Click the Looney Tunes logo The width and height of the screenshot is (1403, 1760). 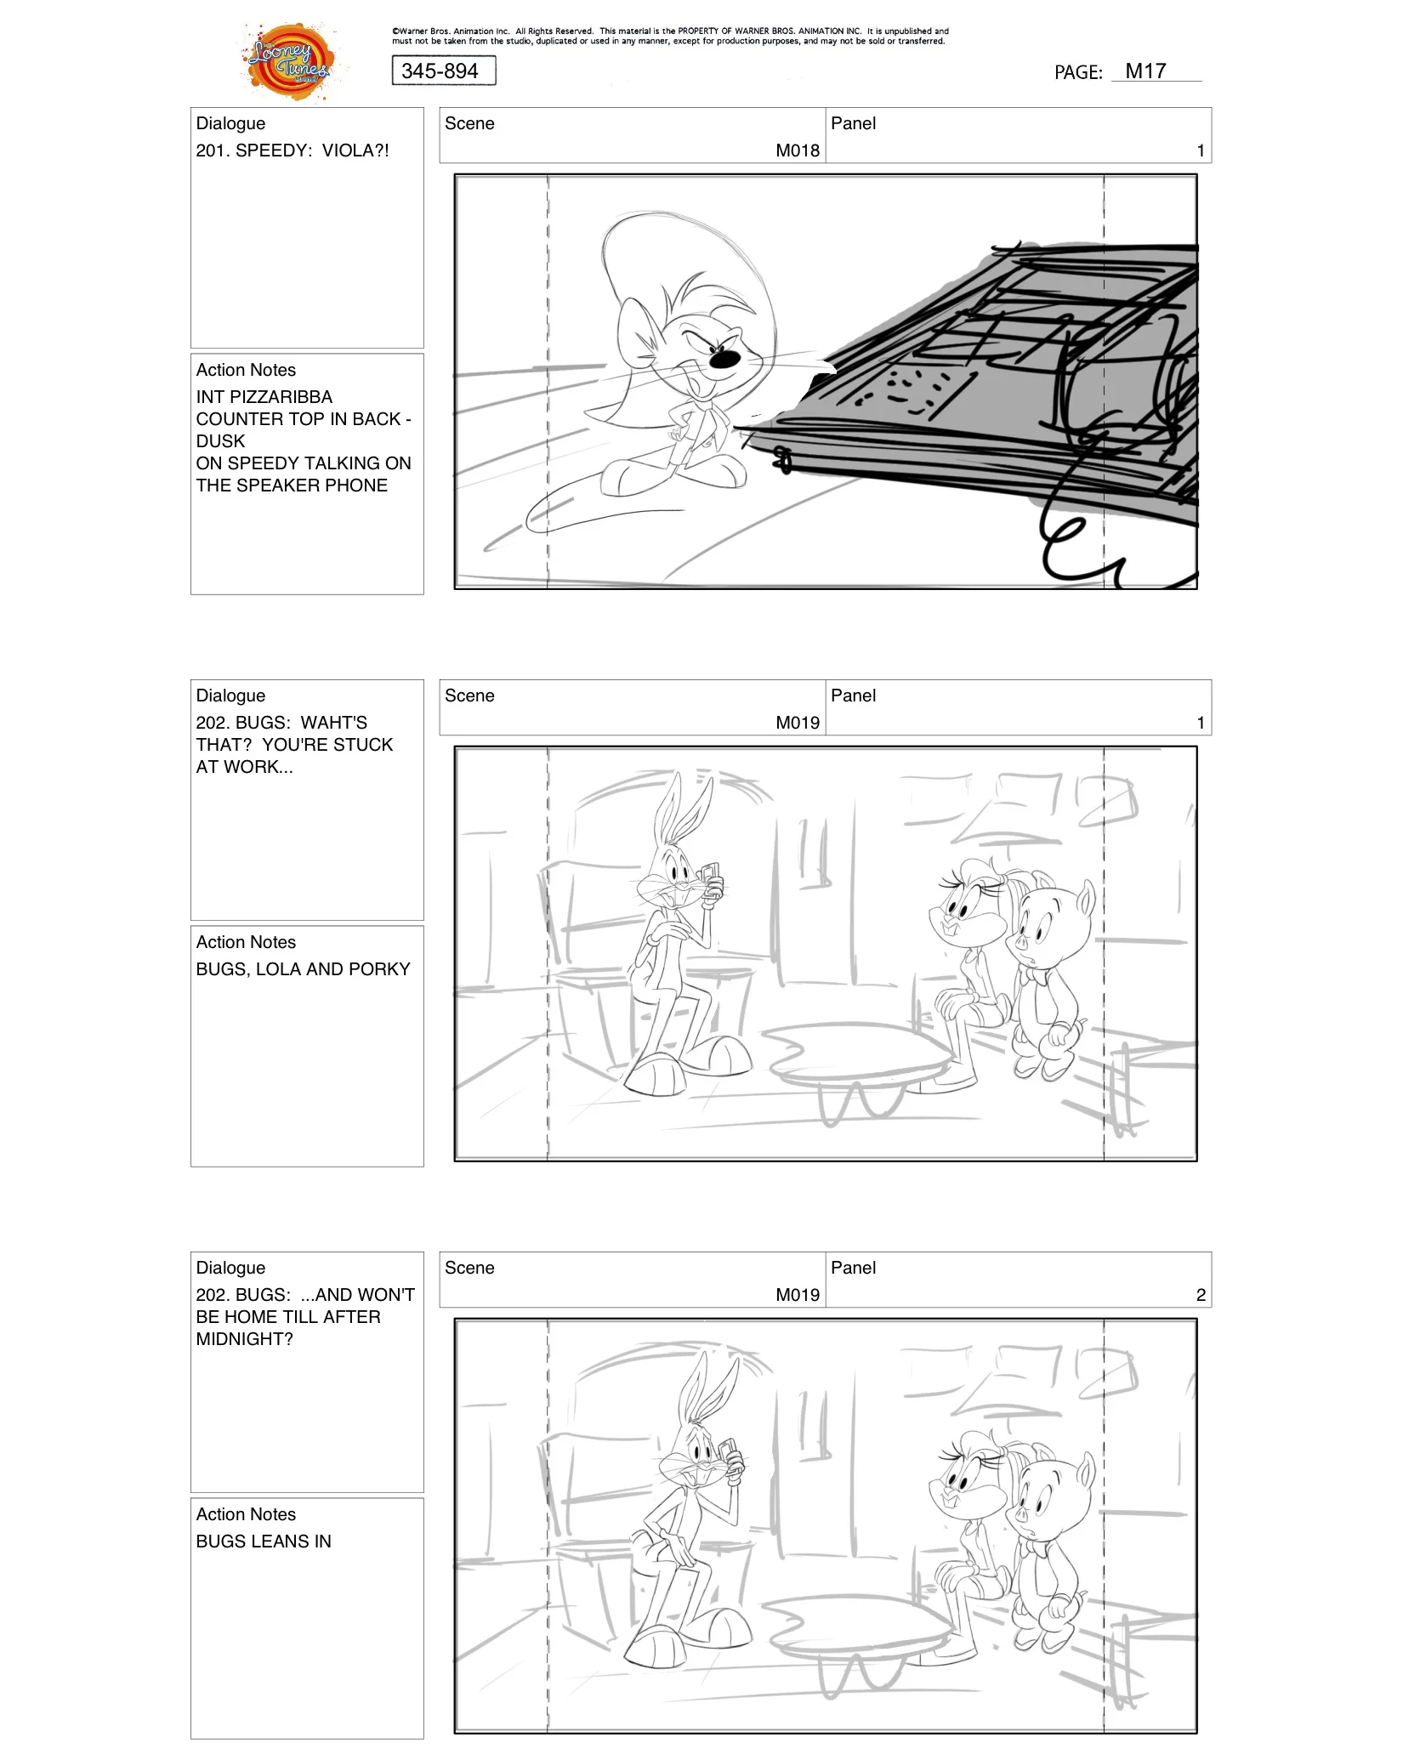pos(289,62)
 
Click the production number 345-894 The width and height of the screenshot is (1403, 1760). pos(440,71)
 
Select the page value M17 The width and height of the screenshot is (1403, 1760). pos(1145,71)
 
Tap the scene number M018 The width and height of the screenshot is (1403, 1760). pos(797,150)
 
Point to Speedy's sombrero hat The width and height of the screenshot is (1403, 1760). pos(672,255)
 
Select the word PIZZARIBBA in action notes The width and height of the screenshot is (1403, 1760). pos(281,397)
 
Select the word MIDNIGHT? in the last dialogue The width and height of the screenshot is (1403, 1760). pos(244,1339)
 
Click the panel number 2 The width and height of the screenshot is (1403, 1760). pos(1200,1295)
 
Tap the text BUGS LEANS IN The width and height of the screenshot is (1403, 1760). pos(264,1541)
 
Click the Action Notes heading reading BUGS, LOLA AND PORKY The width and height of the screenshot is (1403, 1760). pos(303,969)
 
